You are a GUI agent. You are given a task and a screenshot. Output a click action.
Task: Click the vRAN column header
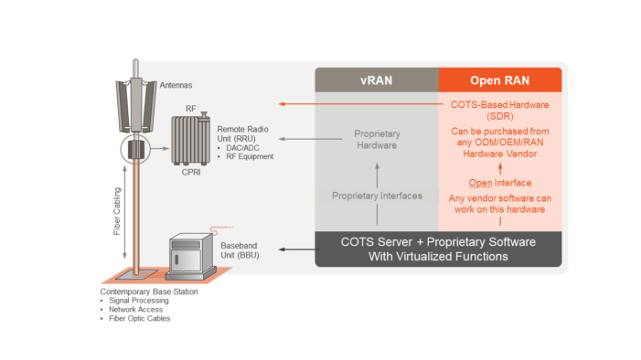tap(377, 79)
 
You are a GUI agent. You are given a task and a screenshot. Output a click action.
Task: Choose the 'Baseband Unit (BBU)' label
tap(240, 249)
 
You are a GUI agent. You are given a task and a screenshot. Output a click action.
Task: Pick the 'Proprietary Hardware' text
tap(377, 140)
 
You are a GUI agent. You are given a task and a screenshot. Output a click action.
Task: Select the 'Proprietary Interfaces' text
tap(377, 196)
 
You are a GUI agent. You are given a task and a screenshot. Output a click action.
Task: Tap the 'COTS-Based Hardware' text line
tap(499, 104)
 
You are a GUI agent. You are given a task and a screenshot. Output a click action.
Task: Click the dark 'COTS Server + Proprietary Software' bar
tap(438, 249)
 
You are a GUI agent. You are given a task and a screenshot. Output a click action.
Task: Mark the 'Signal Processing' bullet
tap(138, 300)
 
